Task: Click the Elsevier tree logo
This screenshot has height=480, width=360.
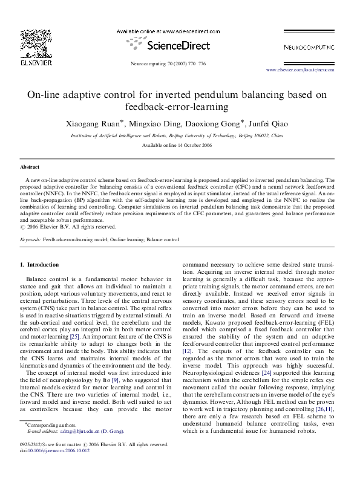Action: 28,42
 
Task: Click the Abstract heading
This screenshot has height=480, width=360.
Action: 30,166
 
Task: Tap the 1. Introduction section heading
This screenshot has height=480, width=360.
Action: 40,265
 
